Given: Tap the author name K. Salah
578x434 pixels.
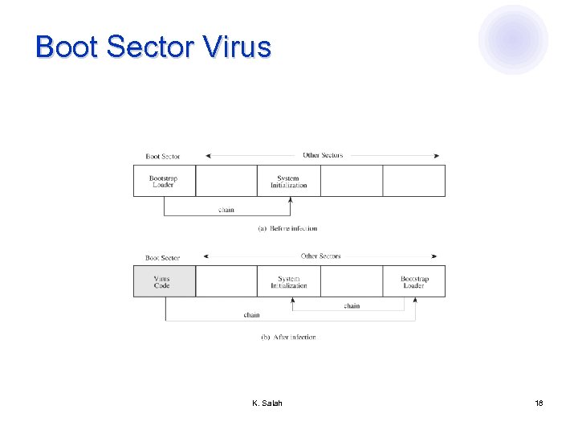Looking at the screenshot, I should coord(267,403).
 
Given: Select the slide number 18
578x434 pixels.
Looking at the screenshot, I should coord(539,403).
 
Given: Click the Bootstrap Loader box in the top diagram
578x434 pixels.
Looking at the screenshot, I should coord(164,181).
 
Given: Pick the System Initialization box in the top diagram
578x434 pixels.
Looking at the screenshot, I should coord(288,181).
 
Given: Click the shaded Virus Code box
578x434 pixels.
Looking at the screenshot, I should coord(164,281).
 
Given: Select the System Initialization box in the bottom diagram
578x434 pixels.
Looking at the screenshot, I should coord(288,281).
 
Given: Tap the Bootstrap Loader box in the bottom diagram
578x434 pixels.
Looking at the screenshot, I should coord(414,281).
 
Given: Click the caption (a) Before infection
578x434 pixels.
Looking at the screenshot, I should coord(287,228).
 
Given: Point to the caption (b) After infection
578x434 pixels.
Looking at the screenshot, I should coord(288,337).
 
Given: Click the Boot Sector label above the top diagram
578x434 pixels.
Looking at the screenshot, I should coord(163,156).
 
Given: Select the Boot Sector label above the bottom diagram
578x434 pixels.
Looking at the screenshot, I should coord(162,257).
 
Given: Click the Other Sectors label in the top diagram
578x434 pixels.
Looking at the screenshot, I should coord(323,155).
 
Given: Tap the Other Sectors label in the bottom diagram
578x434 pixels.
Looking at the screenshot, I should coord(321,256).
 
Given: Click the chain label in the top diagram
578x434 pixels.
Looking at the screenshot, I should coord(226,210).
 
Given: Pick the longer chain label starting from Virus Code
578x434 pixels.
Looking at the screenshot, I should coord(251,315).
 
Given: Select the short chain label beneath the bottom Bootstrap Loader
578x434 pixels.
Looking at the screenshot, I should coord(352,305).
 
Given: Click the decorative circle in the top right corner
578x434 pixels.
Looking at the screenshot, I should coord(513,39).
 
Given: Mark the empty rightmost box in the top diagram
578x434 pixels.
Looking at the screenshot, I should coord(414,181).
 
